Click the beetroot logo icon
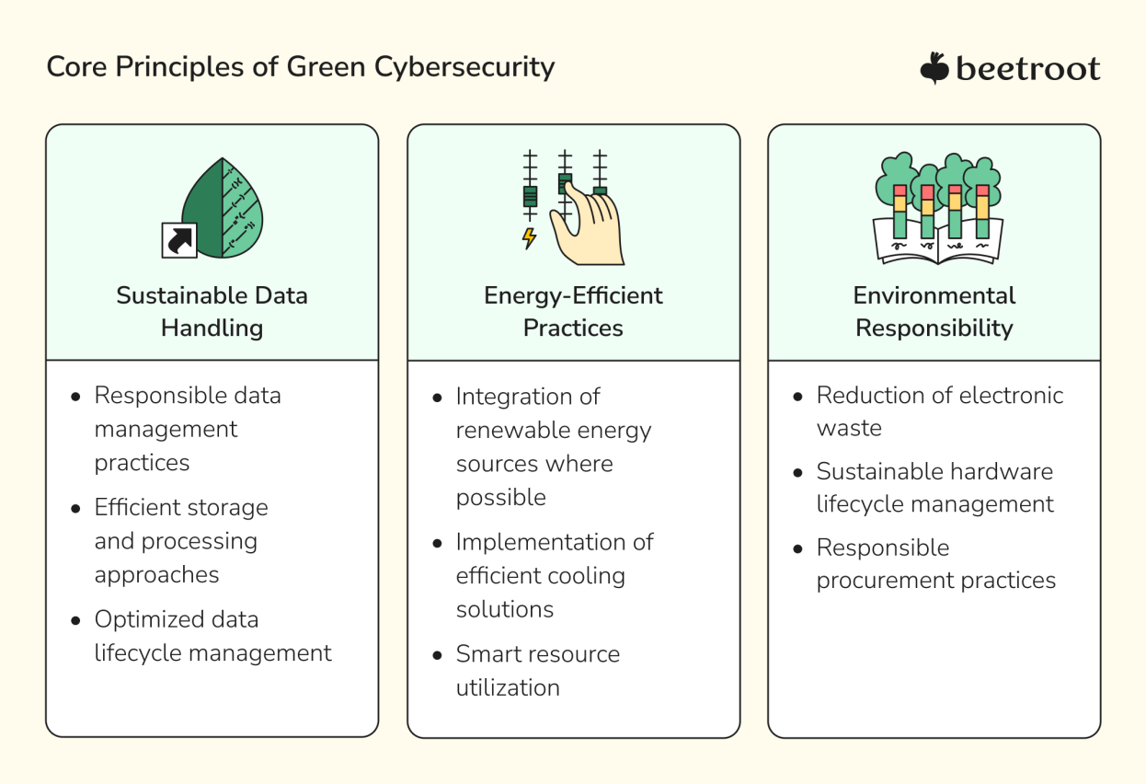coord(934,69)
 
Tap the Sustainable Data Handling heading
coord(212,312)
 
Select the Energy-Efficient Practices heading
coord(573,312)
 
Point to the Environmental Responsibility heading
coord(934,312)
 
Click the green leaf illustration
coord(223,207)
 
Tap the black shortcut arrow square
coord(179,240)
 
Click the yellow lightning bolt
coord(529,237)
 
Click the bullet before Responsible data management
coord(75,397)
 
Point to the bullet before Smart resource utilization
coord(437,655)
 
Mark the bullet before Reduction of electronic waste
coord(797,397)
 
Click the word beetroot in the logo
coord(1027,69)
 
